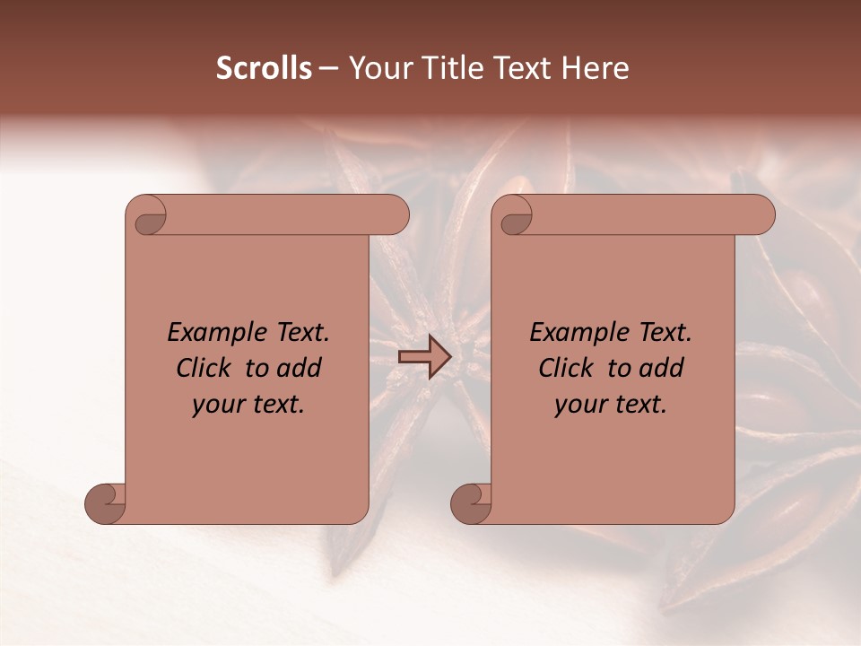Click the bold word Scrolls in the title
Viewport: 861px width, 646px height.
coord(264,68)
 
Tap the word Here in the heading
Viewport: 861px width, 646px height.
coord(596,68)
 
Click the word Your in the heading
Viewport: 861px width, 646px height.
coord(378,68)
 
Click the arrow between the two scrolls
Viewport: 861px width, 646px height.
coord(425,357)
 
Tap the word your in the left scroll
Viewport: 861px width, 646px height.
coord(216,405)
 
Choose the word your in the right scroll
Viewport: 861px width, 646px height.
coord(578,405)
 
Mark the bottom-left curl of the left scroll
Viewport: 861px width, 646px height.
coord(106,502)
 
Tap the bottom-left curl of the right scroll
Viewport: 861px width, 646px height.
coord(471,502)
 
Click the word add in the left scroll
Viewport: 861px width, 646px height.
coord(299,368)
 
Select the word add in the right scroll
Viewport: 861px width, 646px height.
coord(661,368)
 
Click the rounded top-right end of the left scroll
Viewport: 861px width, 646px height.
coord(395,214)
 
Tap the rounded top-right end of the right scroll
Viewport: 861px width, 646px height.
coord(761,214)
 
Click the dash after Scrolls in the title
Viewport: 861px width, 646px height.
coord(328,68)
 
